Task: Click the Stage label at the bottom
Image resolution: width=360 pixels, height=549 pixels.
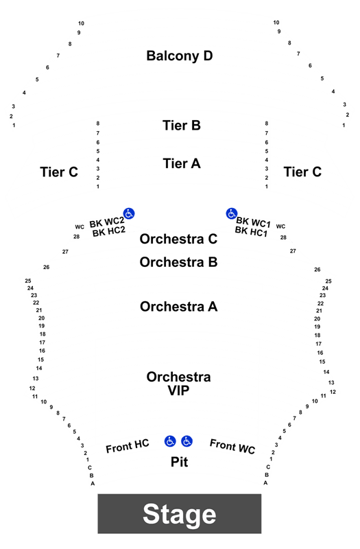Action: (180, 514)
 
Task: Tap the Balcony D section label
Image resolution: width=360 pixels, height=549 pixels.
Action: (180, 56)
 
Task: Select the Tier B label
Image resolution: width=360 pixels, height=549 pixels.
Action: (182, 126)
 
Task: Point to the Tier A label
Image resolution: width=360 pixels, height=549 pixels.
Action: (182, 163)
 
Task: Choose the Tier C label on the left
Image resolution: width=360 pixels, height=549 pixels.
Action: (59, 172)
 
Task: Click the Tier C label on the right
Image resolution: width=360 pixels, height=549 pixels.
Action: (302, 172)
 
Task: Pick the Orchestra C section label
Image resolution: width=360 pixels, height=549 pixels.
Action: (178, 239)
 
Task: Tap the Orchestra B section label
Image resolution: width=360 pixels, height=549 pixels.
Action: (178, 262)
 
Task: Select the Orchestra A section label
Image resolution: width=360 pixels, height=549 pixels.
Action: (178, 306)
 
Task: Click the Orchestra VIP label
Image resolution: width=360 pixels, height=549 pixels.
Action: (178, 384)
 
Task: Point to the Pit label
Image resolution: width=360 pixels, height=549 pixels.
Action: (179, 462)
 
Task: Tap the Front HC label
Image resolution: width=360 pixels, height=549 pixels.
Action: (128, 445)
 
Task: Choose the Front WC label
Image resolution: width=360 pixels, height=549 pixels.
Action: (232, 446)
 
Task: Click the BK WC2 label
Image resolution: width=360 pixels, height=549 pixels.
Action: (107, 222)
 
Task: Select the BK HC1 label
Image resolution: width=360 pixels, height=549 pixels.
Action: (251, 231)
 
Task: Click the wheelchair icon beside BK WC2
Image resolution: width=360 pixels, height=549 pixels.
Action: (129, 213)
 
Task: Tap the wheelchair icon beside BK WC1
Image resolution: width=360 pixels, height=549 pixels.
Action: (231, 213)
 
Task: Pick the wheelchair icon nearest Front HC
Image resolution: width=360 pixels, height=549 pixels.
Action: (170, 441)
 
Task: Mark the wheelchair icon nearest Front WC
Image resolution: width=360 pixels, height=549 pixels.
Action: (187, 441)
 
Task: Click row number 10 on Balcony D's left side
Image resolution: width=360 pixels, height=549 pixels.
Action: (81, 23)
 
